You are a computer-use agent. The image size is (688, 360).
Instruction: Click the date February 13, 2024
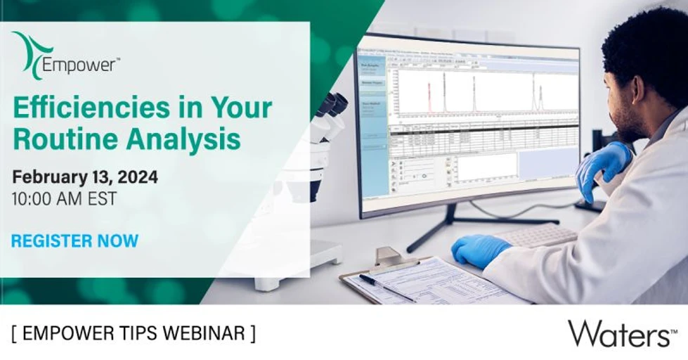coord(84,176)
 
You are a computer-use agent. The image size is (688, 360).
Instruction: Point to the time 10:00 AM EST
coord(64,198)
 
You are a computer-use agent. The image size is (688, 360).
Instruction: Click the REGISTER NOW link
coord(74,240)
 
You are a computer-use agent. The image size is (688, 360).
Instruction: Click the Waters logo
coord(618,333)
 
